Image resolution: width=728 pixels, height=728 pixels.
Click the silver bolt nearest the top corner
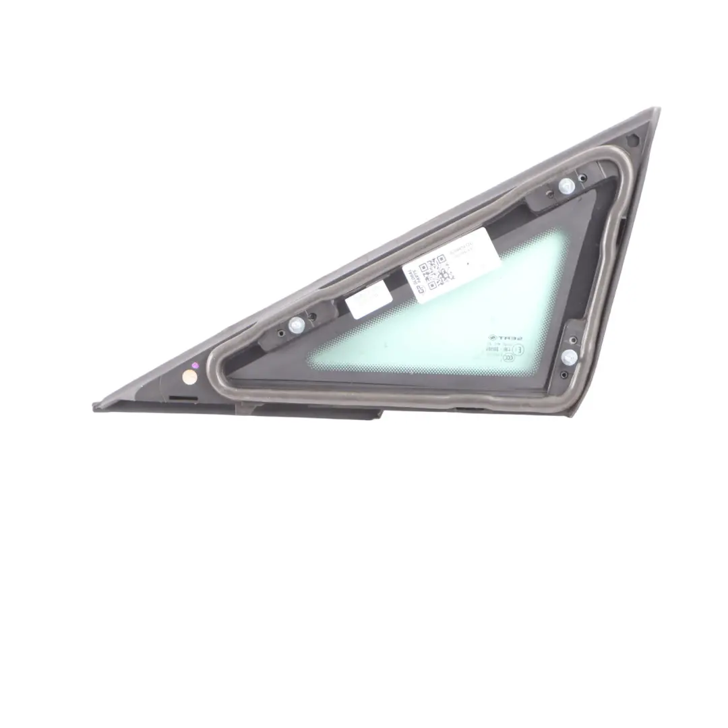pos(567,185)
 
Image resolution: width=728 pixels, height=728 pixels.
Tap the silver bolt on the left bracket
pos(297,325)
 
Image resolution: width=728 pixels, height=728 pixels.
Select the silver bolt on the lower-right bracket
pos(569,355)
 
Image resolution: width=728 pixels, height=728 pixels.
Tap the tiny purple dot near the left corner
pos(195,365)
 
